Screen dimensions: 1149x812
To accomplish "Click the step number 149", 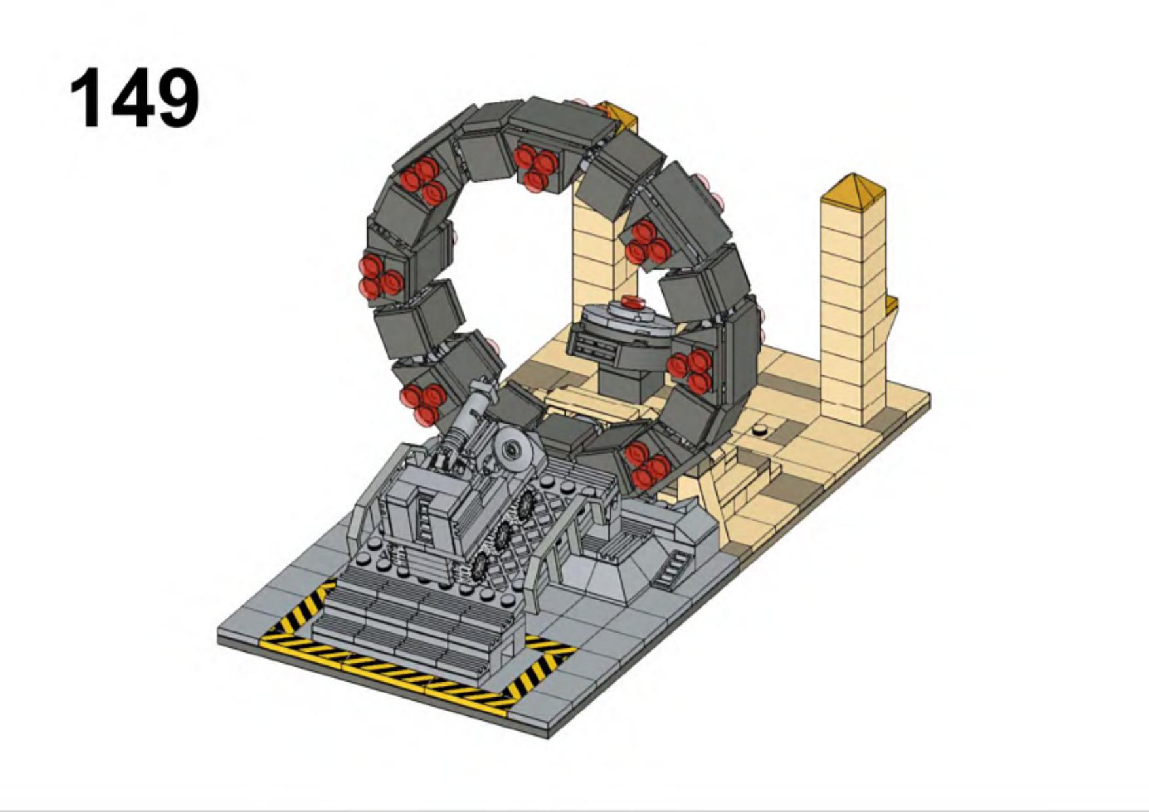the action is tap(134, 99).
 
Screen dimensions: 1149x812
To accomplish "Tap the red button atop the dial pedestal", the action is tap(633, 303).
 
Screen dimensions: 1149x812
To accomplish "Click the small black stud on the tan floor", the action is tap(759, 430).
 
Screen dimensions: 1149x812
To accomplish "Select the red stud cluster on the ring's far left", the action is tap(380, 276).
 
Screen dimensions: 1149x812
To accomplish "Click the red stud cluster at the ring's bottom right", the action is tap(647, 465).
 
